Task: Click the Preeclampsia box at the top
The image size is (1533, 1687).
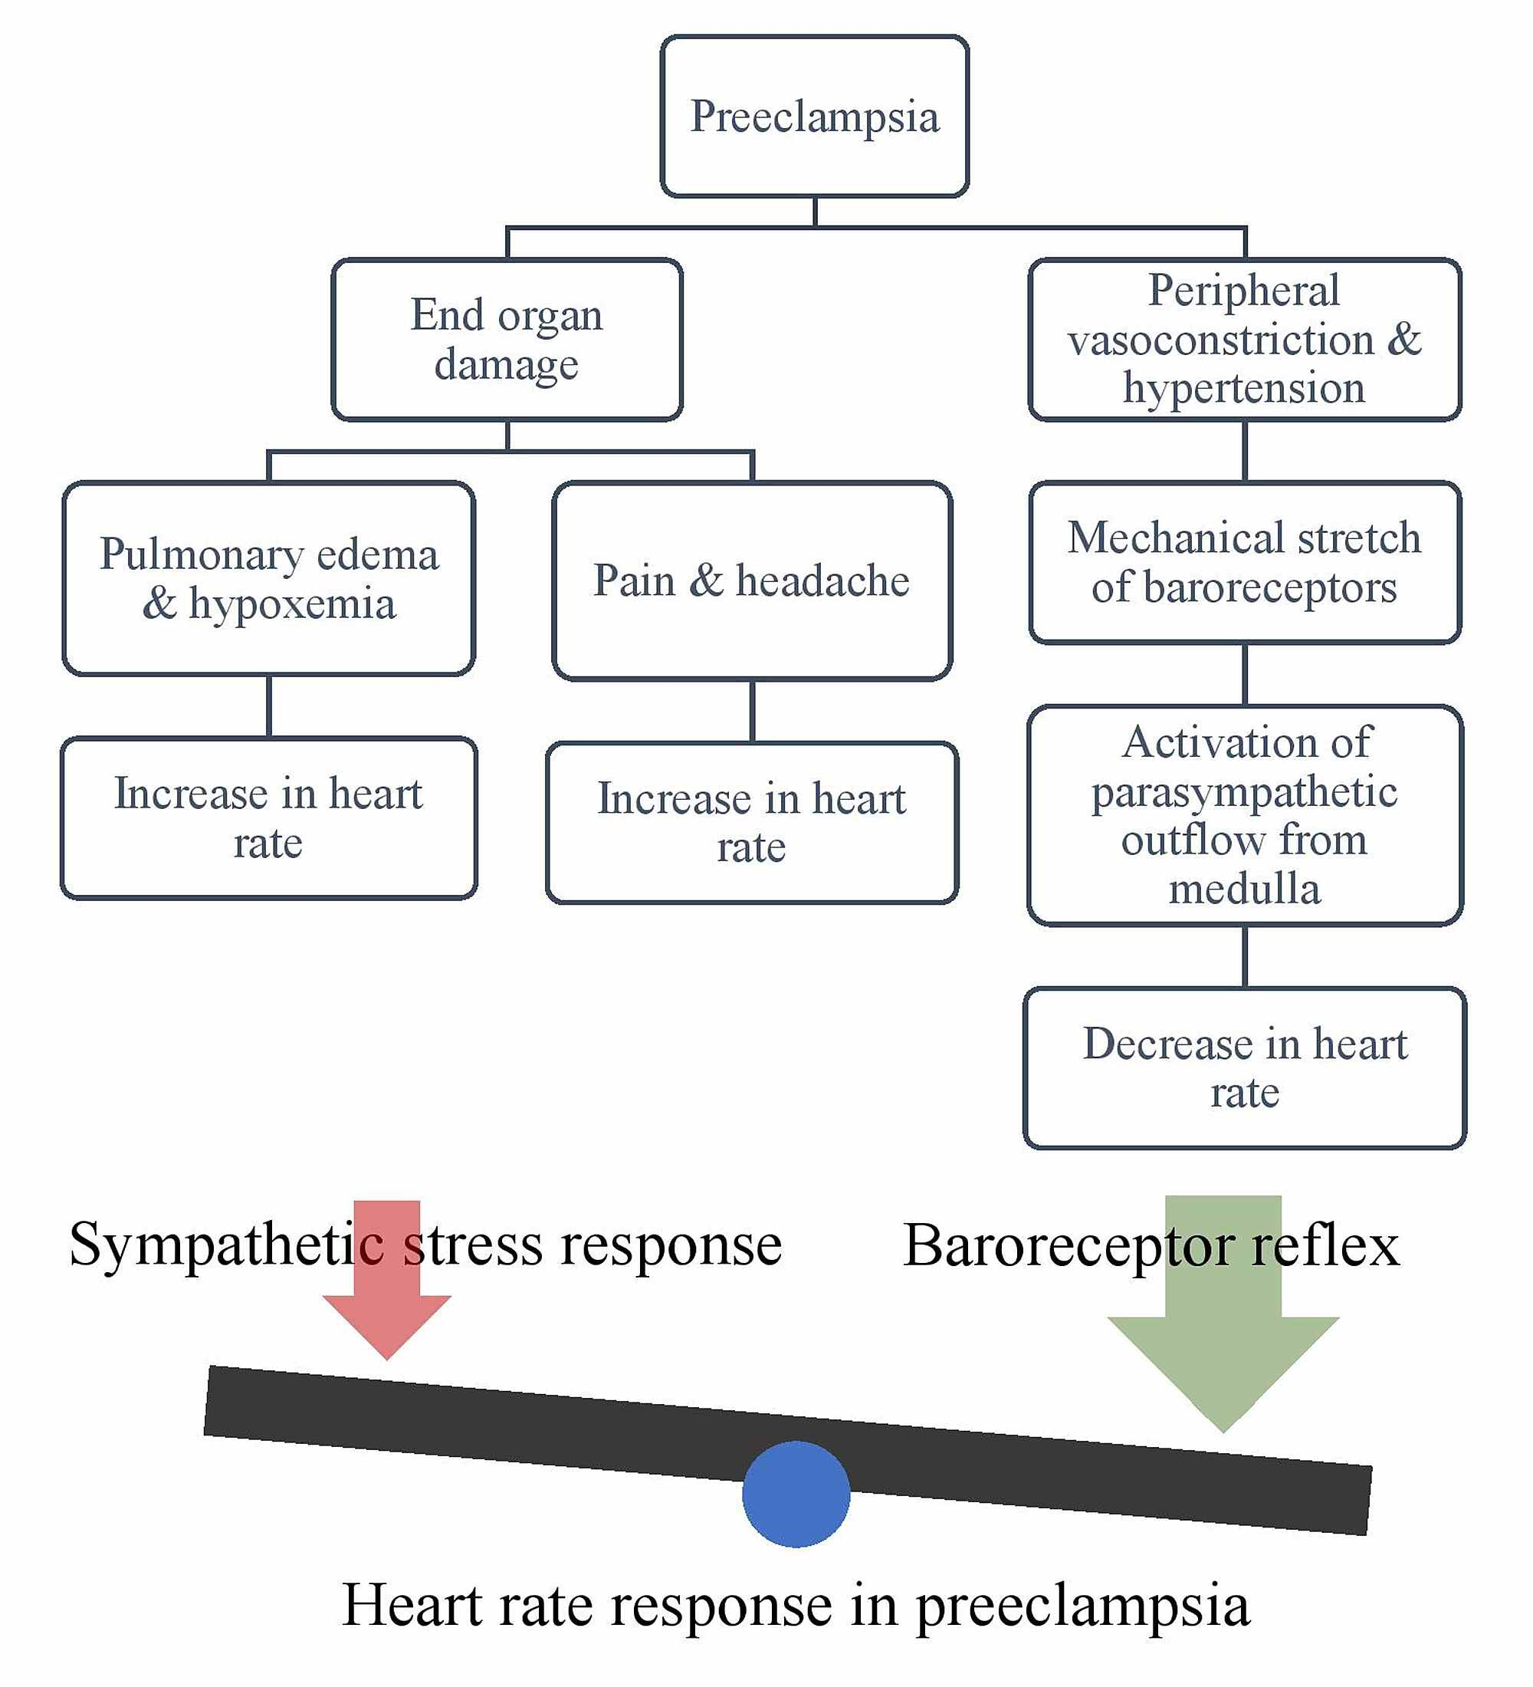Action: coord(814,116)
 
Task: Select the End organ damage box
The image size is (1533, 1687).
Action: coord(507,339)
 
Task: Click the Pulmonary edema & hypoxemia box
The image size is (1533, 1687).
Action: coord(268,578)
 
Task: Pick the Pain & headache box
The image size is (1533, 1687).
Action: coord(751,580)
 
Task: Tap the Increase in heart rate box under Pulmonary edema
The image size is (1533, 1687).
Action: coord(268,817)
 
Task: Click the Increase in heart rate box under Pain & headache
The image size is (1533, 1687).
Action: coord(751,823)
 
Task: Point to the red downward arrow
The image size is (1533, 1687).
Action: coord(386,1289)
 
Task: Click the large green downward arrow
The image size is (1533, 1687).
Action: coord(1223,1339)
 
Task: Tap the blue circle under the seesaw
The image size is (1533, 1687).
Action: coord(796,1494)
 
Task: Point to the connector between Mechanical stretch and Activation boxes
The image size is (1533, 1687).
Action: coord(1245,675)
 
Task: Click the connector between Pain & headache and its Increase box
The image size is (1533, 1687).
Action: coord(752,712)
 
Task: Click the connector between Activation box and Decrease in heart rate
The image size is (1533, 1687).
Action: coord(1245,956)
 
